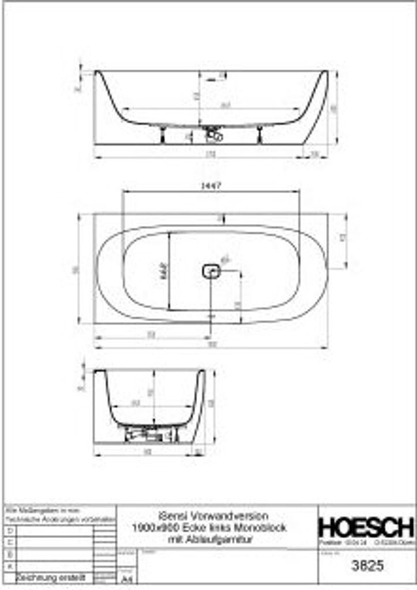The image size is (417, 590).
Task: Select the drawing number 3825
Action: [x=367, y=566]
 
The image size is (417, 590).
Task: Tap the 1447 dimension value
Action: [x=212, y=186]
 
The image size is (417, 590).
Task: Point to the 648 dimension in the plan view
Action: [x=164, y=270]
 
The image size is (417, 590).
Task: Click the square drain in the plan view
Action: [x=211, y=270]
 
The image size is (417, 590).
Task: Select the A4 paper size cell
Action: [x=125, y=578]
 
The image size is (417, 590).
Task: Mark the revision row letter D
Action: [x=10, y=530]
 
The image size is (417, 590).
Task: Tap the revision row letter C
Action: [x=10, y=542]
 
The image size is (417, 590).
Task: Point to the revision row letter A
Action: [x=10, y=566]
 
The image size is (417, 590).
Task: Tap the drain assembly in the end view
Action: [x=152, y=432]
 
